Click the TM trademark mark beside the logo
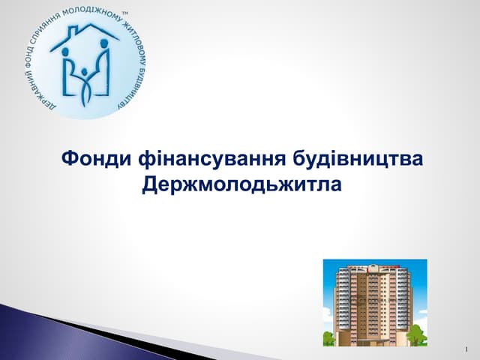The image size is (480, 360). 124,13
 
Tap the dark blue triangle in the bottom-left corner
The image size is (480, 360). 30,330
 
